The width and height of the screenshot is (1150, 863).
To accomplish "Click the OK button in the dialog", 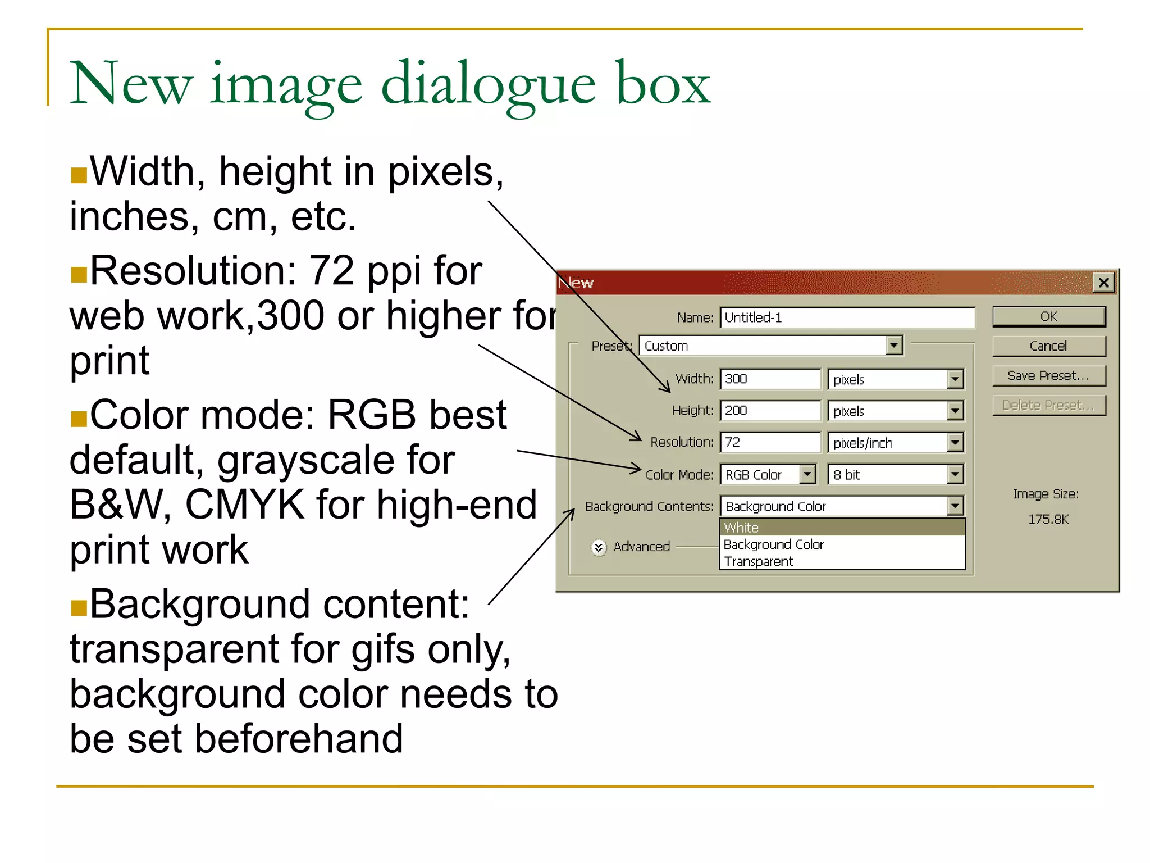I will pos(1048,316).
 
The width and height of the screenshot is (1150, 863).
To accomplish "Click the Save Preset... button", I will pos(1048,375).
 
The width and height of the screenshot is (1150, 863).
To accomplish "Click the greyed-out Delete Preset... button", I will pos(1048,405).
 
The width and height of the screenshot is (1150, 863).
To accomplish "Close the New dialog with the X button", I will pos(1103,282).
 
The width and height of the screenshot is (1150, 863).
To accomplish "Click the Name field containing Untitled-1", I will pos(847,317).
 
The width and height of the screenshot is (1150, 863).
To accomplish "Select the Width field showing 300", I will pos(770,379).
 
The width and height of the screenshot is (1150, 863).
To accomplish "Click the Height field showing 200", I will pos(770,411).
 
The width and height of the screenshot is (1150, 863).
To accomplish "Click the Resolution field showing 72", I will pos(770,442).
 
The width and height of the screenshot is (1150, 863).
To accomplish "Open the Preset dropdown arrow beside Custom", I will pos(894,346).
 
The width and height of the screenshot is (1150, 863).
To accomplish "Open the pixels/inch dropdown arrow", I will pos(955,442).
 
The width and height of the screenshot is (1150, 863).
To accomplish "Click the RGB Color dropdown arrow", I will pos(807,475).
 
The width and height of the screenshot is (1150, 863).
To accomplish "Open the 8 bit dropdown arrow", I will pos(955,475).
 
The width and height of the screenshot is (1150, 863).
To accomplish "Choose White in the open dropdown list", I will pos(741,528).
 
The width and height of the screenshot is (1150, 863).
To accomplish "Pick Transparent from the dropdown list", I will pos(758,561).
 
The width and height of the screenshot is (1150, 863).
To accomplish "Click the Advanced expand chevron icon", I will pos(599,547).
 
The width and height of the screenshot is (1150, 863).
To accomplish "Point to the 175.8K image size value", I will pos(1048,519).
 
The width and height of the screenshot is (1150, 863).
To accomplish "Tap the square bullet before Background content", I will pos(79,608).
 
